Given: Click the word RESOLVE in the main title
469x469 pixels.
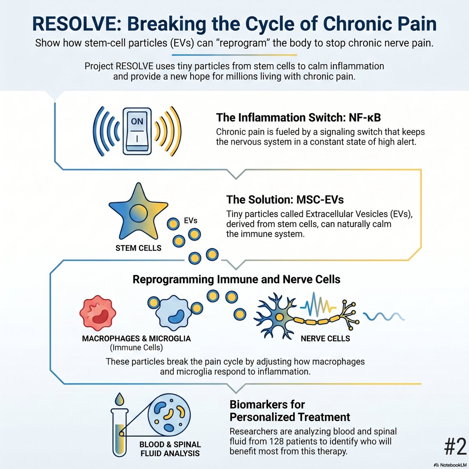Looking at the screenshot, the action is click(x=77, y=24).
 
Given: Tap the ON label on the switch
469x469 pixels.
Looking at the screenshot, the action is click(x=137, y=121).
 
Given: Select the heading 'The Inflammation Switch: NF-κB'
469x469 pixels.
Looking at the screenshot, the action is click(x=298, y=118).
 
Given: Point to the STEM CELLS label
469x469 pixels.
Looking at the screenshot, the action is click(x=138, y=248).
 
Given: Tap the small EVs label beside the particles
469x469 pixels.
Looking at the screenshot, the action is click(x=191, y=220).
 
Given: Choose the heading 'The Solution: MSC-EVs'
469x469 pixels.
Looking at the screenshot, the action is click(x=285, y=200).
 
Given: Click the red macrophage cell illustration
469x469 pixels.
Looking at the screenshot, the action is click(x=98, y=313).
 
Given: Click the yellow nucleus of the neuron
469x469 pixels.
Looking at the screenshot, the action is click(x=279, y=317).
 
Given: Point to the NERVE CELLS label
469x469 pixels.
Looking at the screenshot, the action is click(x=326, y=338).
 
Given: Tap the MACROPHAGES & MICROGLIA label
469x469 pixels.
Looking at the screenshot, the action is click(x=136, y=338).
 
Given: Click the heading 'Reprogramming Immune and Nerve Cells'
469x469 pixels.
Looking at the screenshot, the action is click(x=236, y=279).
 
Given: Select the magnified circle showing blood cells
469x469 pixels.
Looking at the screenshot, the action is click(x=169, y=415).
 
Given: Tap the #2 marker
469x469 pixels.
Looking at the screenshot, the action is click(x=455, y=447).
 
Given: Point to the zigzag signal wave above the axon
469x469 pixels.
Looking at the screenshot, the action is click(x=318, y=304).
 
